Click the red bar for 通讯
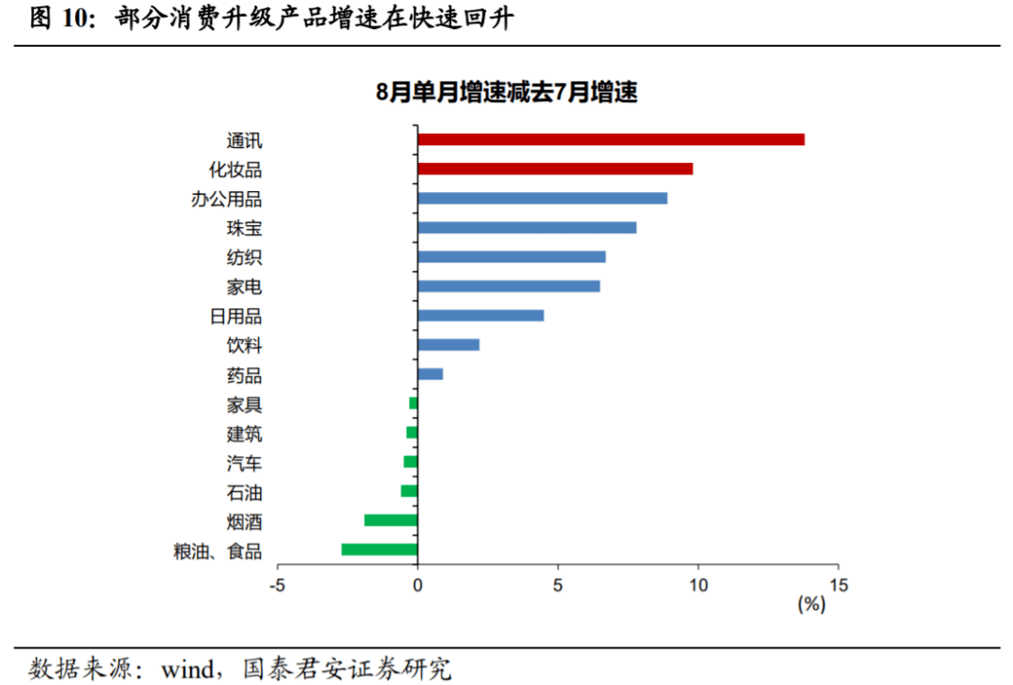point(611,140)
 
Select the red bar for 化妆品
point(555,169)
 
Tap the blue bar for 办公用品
point(542,199)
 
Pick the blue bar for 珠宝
point(527,228)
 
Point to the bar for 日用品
point(480,316)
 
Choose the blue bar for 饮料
point(448,345)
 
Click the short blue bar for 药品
point(430,374)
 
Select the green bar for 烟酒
point(390,520)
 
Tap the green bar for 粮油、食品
point(379,549)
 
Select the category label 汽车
point(244,463)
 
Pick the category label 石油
point(244,492)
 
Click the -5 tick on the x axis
point(277,585)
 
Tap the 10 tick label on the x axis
point(698,585)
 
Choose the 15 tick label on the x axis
point(838,585)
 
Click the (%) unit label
point(810,605)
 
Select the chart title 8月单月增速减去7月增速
point(506,93)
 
